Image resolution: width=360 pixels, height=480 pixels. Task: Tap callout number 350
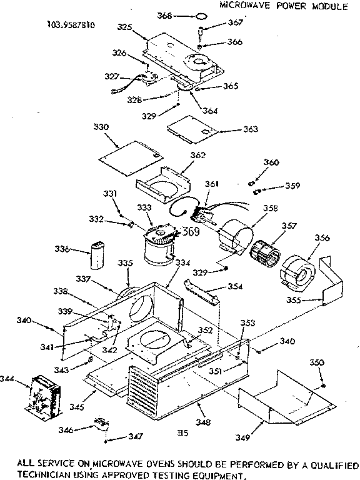pyautogui.click(x=317, y=362)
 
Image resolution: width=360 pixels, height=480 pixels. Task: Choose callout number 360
pyautogui.click(x=271, y=162)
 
